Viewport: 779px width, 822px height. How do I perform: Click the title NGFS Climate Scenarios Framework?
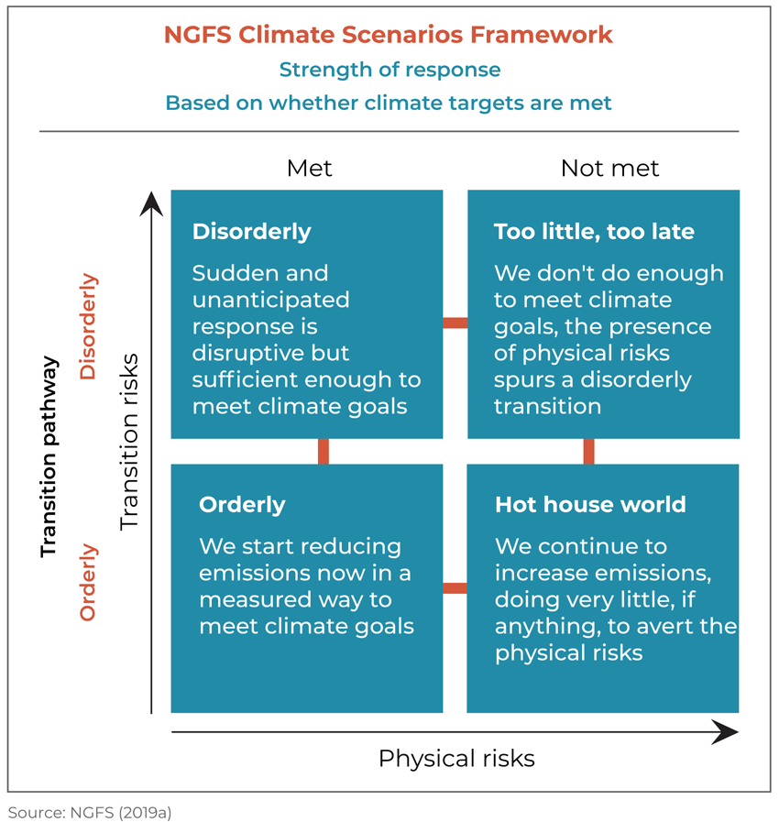coord(388,35)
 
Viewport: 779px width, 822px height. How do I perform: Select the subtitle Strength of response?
coord(389,70)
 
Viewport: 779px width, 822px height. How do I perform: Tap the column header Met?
coord(309,169)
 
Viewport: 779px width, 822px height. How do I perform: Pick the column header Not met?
coord(609,169)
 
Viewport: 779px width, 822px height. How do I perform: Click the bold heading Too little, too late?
coord(594,231)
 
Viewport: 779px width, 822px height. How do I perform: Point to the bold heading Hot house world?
coord(590,504)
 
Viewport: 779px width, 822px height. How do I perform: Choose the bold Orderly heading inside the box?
coord(242,505)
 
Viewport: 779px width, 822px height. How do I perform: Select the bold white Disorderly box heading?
coord(252,232)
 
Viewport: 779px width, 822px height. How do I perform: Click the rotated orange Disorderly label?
coord(88,326)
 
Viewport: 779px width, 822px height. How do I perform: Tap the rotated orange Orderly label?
coord(88,583)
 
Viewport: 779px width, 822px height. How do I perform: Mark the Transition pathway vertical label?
coord(49,456)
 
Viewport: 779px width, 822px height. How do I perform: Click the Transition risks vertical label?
coord(129,442)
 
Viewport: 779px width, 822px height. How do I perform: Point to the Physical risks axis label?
coord(456,759)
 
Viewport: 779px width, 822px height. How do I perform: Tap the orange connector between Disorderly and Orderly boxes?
coord(324,452)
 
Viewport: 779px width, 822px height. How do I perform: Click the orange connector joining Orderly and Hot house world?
coord(455,588)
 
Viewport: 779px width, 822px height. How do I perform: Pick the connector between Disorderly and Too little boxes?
coord(455,323)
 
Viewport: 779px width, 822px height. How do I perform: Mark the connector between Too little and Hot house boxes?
coord(588,452)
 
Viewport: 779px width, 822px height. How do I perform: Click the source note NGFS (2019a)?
coord(90,813)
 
